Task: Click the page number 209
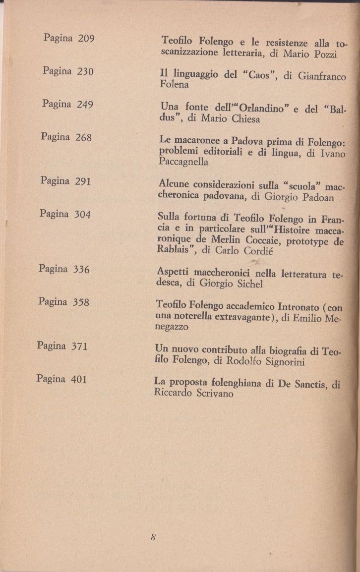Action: [86, 39]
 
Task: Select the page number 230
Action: [85, 71]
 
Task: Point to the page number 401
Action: [79, 380]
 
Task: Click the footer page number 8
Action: [154, 536]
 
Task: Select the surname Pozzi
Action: [325, 54]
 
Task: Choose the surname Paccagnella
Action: [183, 162]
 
